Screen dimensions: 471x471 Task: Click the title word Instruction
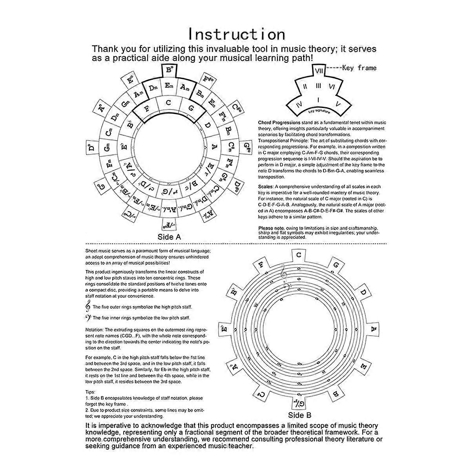click(236, 34)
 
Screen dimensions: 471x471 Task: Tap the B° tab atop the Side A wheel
click(170, 71)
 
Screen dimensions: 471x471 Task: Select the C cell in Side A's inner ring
click(169, 103)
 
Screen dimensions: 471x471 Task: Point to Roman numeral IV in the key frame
click(299, 104)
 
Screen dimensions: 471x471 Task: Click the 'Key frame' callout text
click(359, 68)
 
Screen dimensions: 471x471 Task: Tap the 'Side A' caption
click(169, 237)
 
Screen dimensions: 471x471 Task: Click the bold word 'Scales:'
click(265, 187)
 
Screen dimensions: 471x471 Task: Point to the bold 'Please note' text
click(271, 228)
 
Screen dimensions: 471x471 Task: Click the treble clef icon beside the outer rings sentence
click(88, 307)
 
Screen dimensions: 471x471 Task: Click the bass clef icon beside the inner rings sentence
click(88, 318)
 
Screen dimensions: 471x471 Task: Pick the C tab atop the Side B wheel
click(299, 255)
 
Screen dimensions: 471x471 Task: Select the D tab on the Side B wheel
click(363, 292)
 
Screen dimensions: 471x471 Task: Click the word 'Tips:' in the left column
click(90, 391)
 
